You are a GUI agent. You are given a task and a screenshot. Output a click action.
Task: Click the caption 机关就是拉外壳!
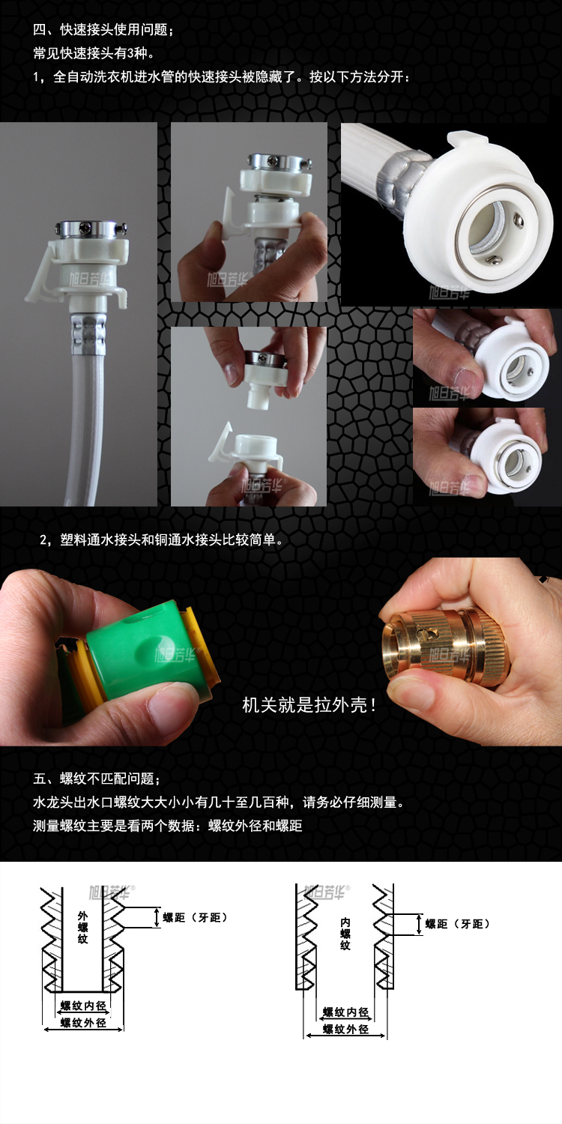[309, 705]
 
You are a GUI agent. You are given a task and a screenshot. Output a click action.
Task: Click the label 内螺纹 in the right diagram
[345, 934]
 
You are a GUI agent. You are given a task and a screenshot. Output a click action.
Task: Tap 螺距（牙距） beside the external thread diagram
[195, 917]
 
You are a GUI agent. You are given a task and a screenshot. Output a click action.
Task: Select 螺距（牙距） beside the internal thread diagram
[457, 924]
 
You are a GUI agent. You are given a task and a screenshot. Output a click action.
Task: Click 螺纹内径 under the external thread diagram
[83, 1005]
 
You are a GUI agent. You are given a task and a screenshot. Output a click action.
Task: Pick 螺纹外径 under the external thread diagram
[83, 1023]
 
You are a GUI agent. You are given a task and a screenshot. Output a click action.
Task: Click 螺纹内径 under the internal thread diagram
[345, 1012]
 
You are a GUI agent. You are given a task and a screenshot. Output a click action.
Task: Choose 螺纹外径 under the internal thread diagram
[345, 1029]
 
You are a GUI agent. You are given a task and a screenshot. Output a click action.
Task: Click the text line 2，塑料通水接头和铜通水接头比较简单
[162, 540]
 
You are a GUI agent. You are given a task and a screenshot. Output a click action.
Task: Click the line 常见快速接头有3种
[94, 52]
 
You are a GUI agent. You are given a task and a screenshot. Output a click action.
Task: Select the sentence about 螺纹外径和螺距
[168, 826]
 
